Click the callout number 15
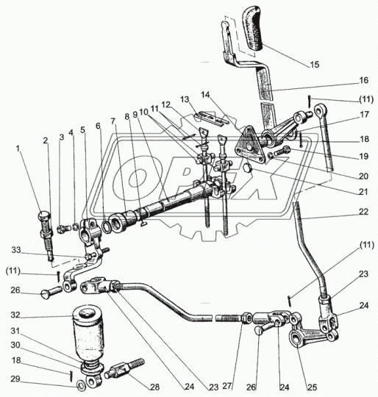[x=314, y=65]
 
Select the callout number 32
[x=15, y=315]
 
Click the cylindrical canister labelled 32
[x=88, y=335]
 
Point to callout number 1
[x=18, y=149]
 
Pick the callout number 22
[x=363, y=212]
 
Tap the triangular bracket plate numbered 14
[x=249, y=148]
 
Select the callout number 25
[x=312, y=387]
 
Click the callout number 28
[x=155, y=387]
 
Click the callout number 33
[x=16, y=250]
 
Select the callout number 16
[x=363, y=80]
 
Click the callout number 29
[x=15, y=379]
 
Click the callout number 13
[x=185, y=99]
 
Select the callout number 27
[x=227, y=386]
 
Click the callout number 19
[x=363, y=156]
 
